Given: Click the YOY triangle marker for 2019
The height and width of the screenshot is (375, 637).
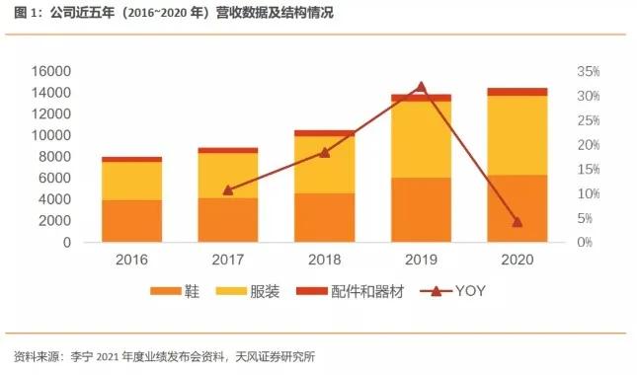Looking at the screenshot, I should click(422, 88).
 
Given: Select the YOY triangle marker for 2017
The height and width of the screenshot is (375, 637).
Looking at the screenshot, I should click(228, 189).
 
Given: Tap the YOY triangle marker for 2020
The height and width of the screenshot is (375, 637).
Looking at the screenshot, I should click(518, 221).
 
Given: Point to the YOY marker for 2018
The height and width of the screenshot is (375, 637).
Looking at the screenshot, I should click(325, 152).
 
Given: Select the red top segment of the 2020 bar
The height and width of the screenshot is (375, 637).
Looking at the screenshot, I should click(518, 92).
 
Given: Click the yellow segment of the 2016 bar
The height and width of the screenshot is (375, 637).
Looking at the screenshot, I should click(131, 181).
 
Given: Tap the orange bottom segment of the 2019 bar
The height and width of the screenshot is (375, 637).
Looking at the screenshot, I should click(422, 209).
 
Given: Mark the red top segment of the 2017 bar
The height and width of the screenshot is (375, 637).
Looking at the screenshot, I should click(228, 150).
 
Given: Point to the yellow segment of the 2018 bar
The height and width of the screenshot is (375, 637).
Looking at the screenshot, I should click(325, 164).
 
